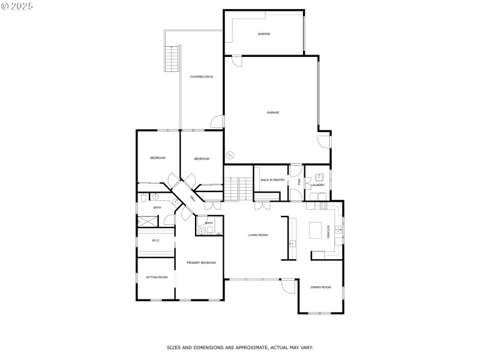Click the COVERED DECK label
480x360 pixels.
click(202, 77)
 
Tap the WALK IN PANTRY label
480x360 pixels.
click(272, 180)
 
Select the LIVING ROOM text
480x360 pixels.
click(258, 235)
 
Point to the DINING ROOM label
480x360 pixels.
click(321, 287)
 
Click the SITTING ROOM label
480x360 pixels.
click(157, 277)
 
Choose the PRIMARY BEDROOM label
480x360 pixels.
click(201, 263)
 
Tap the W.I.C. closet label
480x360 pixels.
click(156, 241)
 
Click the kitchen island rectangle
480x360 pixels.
click(316, 230)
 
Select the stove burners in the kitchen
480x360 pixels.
click(323, 205)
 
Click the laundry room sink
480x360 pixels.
click(319, 177)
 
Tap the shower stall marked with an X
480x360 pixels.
click(147, 221)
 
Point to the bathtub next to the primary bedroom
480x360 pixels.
click(218, 226)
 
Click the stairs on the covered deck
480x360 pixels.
click(172, 58)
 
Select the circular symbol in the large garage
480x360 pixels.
click(230, 155)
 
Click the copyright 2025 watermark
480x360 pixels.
click(17, 6)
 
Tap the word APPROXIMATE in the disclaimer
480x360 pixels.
click(250, 347)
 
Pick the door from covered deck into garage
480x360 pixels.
click(217, 122)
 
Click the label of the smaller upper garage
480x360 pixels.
click(263, 34)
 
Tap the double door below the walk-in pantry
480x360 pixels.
click(262, 206)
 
